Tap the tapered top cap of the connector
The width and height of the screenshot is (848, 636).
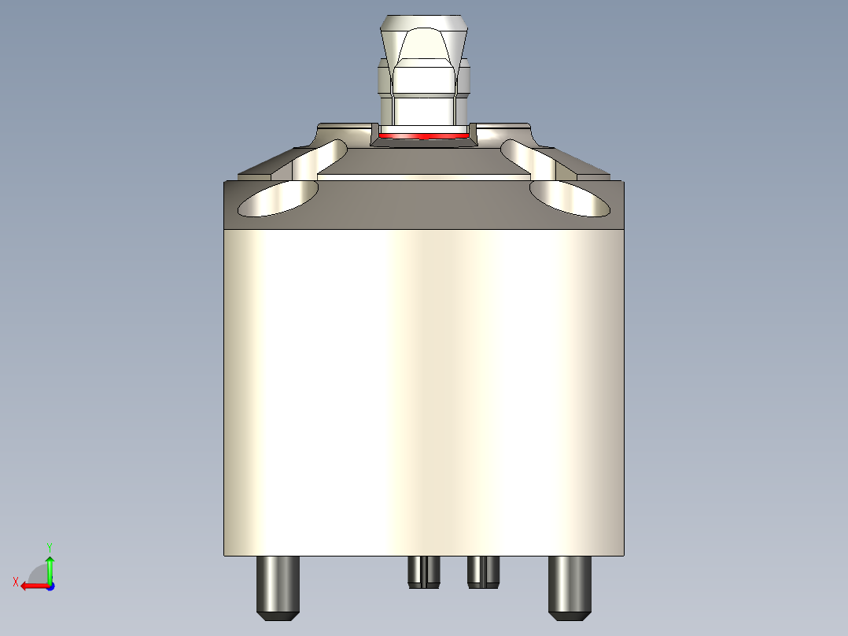(425, 36)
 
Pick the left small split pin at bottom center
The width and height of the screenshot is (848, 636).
(424, 571)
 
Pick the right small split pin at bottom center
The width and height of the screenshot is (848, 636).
(483, 571)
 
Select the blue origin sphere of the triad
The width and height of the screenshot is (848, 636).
(50, 586)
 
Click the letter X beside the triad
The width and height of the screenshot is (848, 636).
(15, 582)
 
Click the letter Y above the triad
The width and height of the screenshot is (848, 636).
(49, 546)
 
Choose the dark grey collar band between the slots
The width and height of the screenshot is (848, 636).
(425, 203)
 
